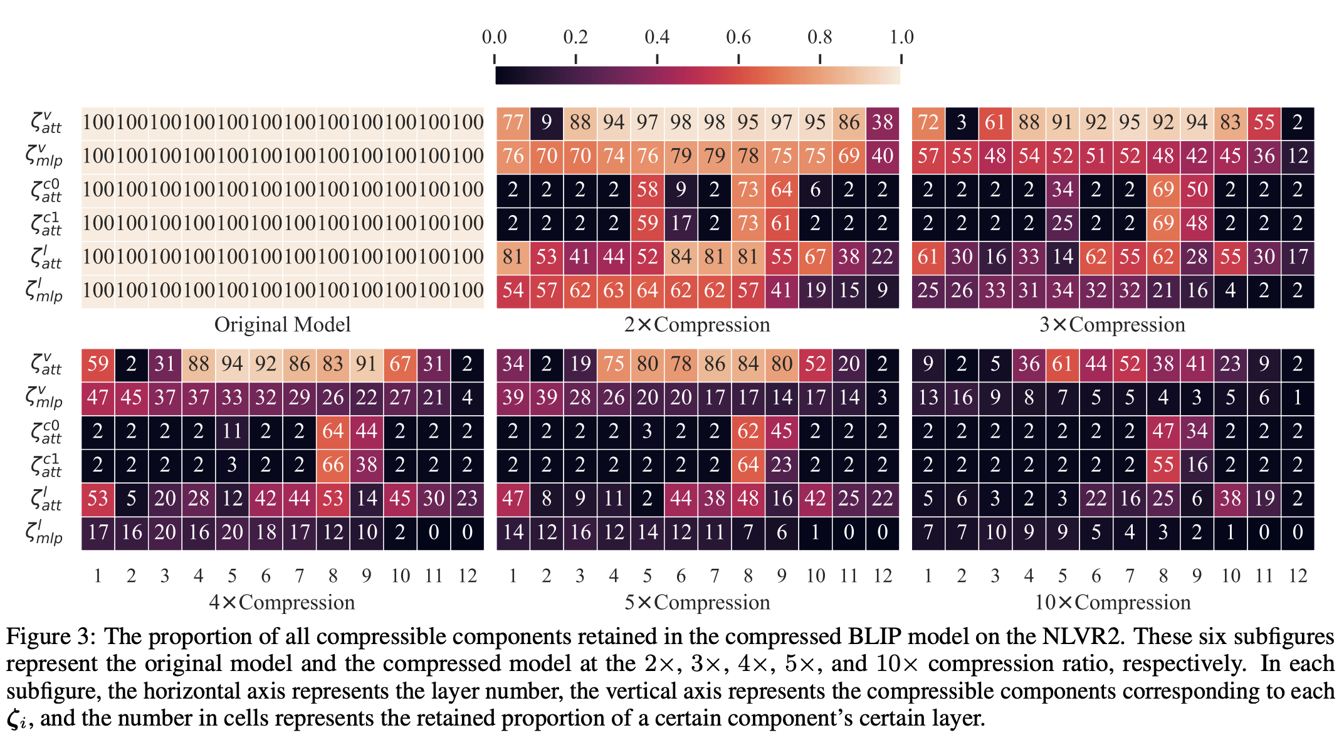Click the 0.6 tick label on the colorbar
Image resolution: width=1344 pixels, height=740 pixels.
pos(738,37)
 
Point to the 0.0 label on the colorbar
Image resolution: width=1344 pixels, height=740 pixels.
pos(494,37)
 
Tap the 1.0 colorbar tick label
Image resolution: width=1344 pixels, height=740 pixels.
pos(901,37)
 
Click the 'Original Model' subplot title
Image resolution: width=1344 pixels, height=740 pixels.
pos(282,325)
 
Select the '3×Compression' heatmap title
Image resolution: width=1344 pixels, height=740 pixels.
pos(1112,325)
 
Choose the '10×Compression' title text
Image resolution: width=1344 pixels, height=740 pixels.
pos(1112,603)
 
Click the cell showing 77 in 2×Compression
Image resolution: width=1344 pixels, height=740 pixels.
pos(513,122)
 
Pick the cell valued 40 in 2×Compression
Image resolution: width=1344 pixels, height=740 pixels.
pos(883,156)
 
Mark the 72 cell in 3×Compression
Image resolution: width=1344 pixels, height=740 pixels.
pos(928,122)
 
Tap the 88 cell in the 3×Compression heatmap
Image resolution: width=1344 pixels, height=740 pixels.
pos(1029,122)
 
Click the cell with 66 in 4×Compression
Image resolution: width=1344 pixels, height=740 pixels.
pos(333,465)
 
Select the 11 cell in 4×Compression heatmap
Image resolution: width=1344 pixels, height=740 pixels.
pos(232,431)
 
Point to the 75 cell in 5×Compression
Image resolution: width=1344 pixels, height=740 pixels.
pos(614,364)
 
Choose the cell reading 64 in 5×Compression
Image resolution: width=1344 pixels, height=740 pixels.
pos(748,465)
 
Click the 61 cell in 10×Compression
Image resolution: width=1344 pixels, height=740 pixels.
pos(1063,364)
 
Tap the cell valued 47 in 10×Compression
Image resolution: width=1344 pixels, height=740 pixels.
pos(1163,431)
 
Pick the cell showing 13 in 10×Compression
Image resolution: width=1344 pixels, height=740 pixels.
pos(928,398)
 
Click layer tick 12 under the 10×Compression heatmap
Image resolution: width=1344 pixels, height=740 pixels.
pos(1298,576)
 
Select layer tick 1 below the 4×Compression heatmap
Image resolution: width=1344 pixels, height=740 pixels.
pos(98,576)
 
